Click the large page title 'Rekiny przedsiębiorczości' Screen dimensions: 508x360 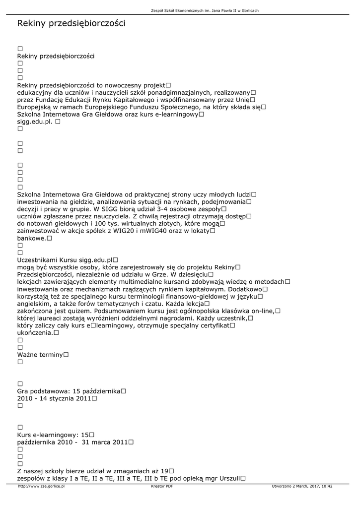(x=71, y=23)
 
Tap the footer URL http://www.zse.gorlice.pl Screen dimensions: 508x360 (x=41, y=487)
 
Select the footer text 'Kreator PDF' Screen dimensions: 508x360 (x=162, y=487)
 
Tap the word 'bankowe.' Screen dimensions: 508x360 (x=31, y=239)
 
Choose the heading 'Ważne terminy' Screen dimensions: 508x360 (x=40, y=355)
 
